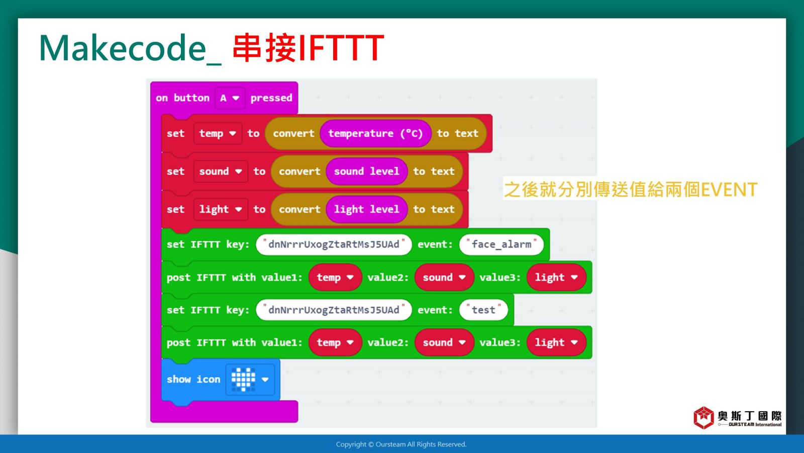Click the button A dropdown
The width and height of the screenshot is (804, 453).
pos(230,98)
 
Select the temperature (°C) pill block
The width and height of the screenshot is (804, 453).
pos(375,133)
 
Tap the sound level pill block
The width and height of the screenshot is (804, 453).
pos(366,171)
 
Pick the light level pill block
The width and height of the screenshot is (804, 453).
pos(366,209)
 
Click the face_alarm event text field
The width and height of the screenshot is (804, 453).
pos(501,245)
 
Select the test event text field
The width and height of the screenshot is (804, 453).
pos(483,310)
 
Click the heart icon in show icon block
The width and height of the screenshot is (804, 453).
pos(243,380)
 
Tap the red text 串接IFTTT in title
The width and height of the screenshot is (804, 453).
pos(309,48)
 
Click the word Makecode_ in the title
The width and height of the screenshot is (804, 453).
pos(130,48)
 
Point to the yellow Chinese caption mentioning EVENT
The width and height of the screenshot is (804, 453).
pos(631,189)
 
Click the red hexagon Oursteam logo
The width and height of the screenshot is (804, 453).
pos(703,418)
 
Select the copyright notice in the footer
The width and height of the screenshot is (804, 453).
pos(401,444)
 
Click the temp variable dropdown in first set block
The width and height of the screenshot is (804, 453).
pos(218,133)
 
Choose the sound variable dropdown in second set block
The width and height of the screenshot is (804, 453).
pos(221,171)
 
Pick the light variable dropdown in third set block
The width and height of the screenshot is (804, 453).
pos(221,209)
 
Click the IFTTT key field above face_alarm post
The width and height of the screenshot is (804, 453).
pos(334,245)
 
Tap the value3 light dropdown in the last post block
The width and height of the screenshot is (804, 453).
pos(556,343)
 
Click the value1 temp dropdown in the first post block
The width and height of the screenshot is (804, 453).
pos(335,277)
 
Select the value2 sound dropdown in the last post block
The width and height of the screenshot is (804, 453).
pos(444,343)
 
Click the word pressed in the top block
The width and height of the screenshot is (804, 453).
pos(271,98)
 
